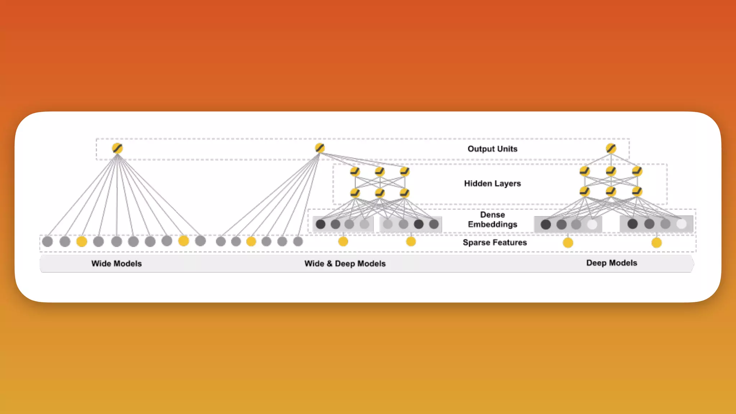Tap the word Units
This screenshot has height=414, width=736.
pos(507,149)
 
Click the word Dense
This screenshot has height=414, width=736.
pos(492,215)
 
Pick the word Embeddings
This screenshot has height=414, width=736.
pos(492,224)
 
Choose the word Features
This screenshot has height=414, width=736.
pos(510,243)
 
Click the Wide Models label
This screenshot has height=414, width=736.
pos(116,263)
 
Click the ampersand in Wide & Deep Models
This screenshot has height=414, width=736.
pos(330,263)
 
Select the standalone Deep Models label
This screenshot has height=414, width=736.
pos(612,263)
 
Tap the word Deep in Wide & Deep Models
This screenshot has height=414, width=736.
pos(345,263)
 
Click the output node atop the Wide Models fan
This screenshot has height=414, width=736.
pos(117,148)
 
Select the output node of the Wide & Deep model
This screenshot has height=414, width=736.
pos(319,148)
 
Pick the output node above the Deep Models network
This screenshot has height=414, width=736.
pos(611,148)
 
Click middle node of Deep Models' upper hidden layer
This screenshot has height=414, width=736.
pos(611,171)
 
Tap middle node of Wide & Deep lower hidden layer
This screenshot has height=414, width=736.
pos(379,193)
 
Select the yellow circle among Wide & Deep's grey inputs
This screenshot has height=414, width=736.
pos(251,241)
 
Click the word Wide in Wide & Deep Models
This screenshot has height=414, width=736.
pos(314,263)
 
